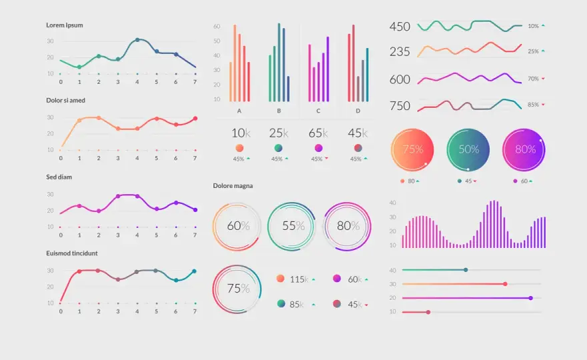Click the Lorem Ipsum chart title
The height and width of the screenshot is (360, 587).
click(x=65, y=25)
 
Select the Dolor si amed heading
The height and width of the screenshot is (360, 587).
click(x=65, y=100)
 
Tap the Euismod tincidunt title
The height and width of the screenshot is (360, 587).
click(x=72, y=253)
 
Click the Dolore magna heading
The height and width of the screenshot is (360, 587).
click(x=233, y=185)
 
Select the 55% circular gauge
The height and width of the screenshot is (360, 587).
click(x=268, y=227)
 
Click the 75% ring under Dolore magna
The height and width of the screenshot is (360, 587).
click(x=213, y=289)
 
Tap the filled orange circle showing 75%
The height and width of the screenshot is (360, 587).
click(x=412, y=150)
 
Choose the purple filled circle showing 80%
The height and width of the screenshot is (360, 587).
click(x=524, y=150)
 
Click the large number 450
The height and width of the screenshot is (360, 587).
click(x=400, y=27)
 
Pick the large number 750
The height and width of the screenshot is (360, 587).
click(x=400, y=106)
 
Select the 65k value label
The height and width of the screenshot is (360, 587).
click(x=318, y=133)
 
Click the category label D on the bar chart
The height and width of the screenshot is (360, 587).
click(x=358, y=111)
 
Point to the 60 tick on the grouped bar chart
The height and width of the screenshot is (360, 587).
click(x=217, y=26)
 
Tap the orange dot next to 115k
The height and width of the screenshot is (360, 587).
click(x=280, y=279)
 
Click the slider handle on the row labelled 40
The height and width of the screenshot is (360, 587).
click(x=466, y=270)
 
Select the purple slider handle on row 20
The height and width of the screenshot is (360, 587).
click(x=531, y=298)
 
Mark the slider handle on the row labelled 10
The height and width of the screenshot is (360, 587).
click(x=428, y=312)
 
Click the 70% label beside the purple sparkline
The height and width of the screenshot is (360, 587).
click(x=533, y=79)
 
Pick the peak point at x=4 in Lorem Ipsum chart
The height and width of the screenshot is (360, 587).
click(x=137, y=40)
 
